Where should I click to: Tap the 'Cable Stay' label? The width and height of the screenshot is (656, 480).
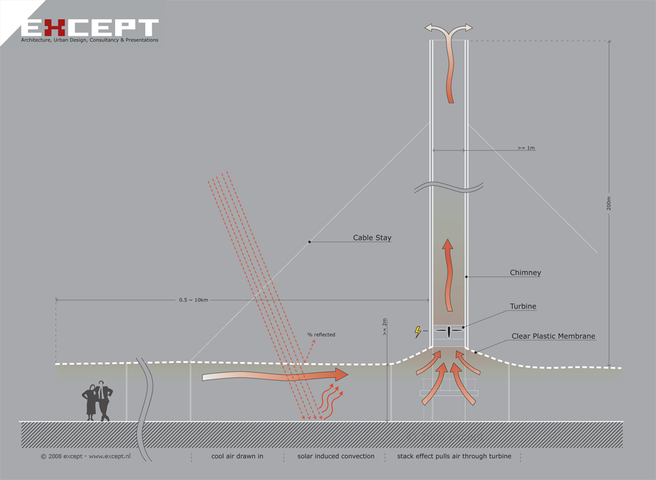[x=372, y=238]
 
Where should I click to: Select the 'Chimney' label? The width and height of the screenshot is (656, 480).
[x=525, y=273]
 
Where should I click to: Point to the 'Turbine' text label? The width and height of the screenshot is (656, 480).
[x=523, y=307]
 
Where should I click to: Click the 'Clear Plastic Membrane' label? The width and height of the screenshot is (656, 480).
[x=553, y=336]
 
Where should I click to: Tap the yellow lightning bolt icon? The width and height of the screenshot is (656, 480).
[x=418, y=332]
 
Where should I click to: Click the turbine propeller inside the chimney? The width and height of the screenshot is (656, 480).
[x=449, y=331]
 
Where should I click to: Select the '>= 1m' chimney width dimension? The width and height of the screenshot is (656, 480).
[x=526, y=148]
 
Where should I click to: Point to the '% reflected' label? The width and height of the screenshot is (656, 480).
[x=321, y=335]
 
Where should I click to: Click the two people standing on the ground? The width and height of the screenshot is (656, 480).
[x=97, y=401]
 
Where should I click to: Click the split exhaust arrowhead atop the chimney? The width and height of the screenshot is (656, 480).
[x=449, y=28]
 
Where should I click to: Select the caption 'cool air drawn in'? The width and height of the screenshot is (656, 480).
[x=237, y=456]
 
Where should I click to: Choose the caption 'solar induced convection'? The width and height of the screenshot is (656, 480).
[x=336, y=456]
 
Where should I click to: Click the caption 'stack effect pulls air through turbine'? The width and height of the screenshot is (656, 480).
[x=454, y=456]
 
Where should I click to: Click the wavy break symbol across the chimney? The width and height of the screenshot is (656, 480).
[x=449, y=188]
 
